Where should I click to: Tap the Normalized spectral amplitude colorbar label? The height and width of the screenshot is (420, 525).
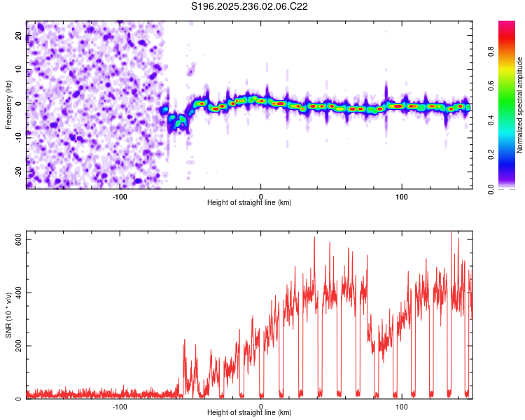pyautogui.click(x=520, y=104)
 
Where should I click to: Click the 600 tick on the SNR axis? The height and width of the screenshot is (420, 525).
pyautogui.click(x=18, y=239)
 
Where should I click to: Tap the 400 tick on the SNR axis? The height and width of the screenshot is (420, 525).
pyautogui.click(x=18, y=293)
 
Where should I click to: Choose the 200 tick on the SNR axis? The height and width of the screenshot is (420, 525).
pyautogui.click(x=18, y=346)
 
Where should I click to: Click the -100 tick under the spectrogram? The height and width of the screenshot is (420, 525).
pyautogui.click(x=120, y=196)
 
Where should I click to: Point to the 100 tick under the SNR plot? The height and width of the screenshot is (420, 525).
pyautogui.click(x=402, y=406)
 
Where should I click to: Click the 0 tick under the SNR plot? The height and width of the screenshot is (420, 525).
pyautogui.click(x=261, y=406)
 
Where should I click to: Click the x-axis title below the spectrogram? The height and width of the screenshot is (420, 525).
pyautogui.click(x=249, y=203)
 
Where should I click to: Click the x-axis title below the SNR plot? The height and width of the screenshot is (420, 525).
pyautogui.click(x=249, y=413)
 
